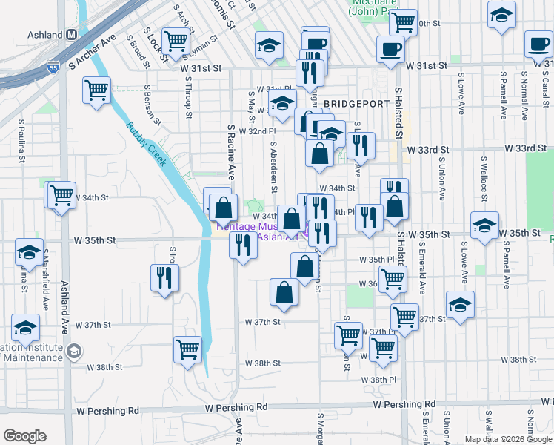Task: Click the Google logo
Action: pos(24,436)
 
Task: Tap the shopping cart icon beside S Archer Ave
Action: pos(97,90)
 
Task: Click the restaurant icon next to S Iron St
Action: pos(164,278)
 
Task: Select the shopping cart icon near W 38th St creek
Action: pos(187,349)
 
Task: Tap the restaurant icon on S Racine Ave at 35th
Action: pos(242,245)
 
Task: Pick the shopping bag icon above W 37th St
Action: pos(284,291)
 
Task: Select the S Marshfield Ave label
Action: pos(44,283)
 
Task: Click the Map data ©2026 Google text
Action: pos(508,439)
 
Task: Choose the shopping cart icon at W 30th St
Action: pos(403,22)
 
